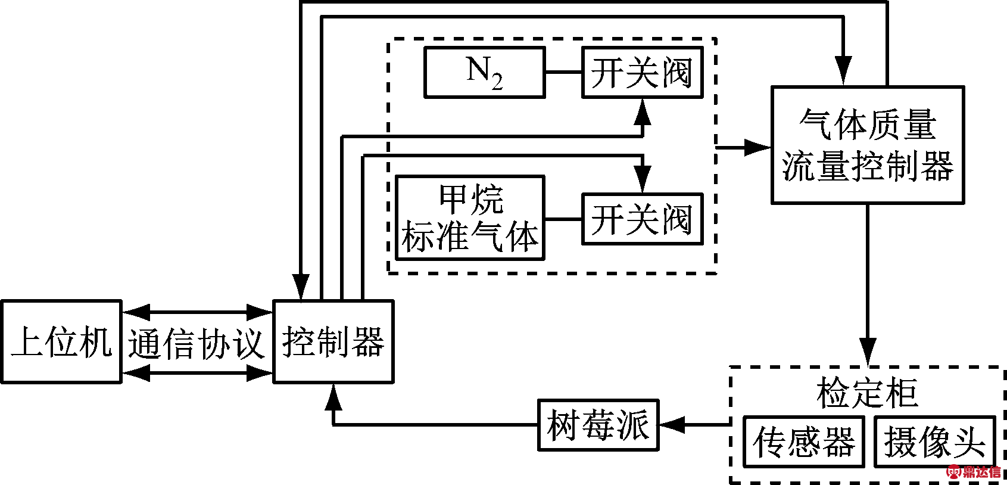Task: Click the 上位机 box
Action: point(61,341)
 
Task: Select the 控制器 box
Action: point(333,341)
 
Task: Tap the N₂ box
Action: point(484,72)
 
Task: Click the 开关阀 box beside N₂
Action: point(642,72)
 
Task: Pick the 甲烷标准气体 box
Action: point(470,217)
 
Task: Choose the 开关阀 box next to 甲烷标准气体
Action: point(642,219)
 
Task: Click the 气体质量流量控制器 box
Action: point(867,145)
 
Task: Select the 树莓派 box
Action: point(598,425)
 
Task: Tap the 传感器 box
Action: point(803,442)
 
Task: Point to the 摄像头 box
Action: point(934,442)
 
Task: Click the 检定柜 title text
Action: point(867,393)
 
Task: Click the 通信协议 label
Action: point(197,343)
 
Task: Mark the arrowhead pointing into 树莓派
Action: point(672,425)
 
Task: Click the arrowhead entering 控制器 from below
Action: point(333,397)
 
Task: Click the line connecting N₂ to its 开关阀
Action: point(563,72)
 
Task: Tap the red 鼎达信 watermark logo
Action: point(974,472)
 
